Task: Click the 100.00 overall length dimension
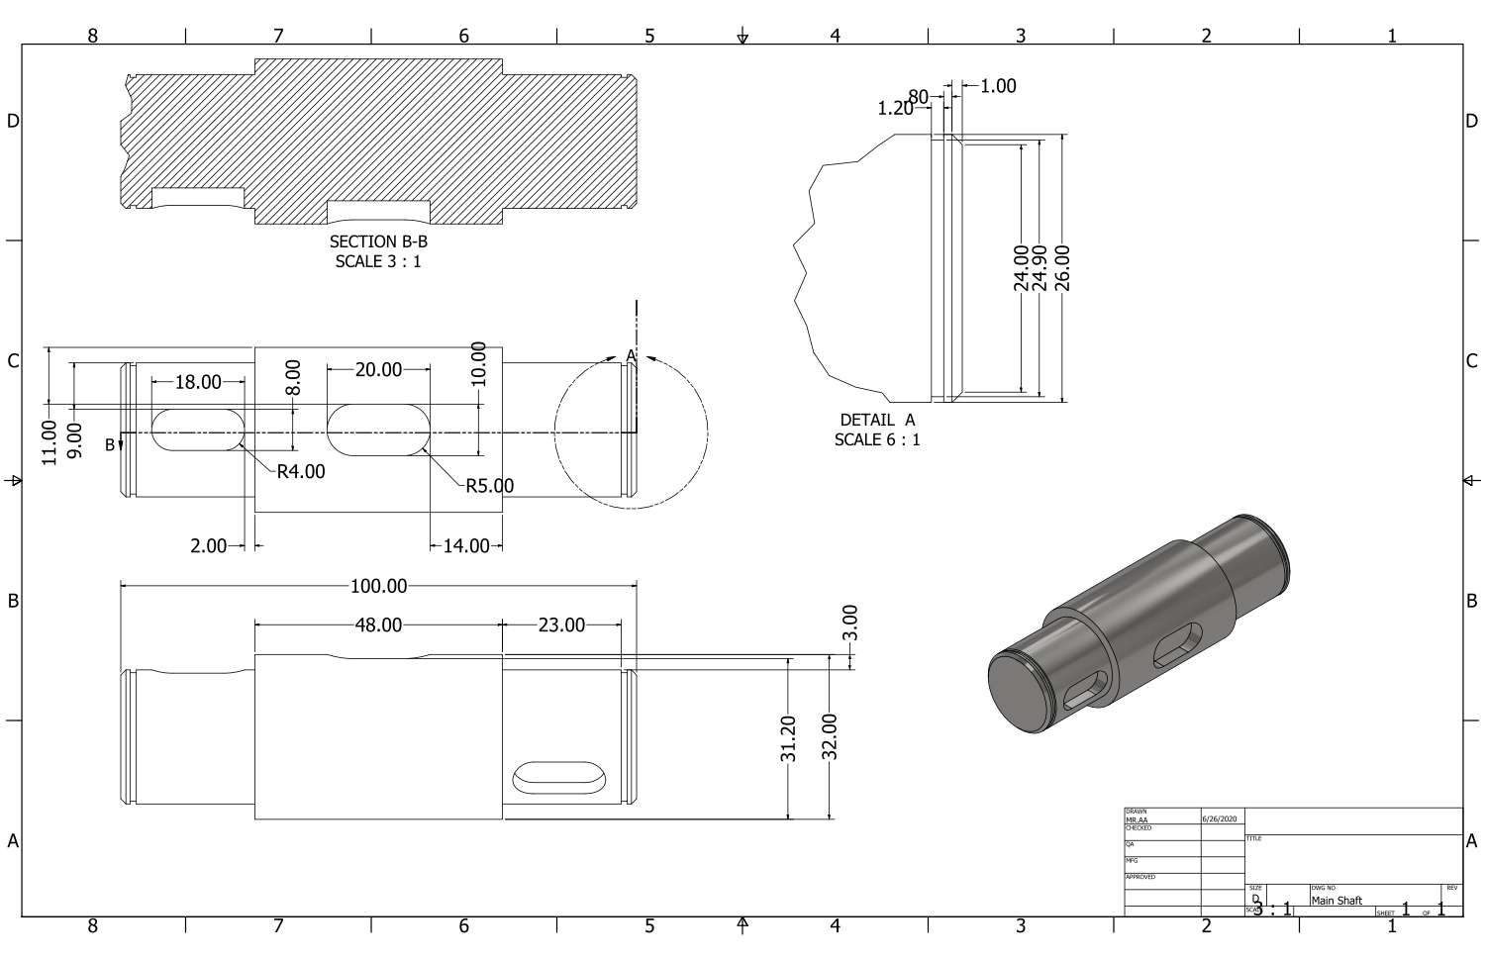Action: [378, 586]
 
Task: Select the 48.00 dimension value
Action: [378, 625]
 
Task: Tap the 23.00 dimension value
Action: [561, 625]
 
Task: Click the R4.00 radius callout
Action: [300, 472]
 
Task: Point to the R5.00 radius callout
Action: [489, 486]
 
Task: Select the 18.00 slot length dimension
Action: [198, 382]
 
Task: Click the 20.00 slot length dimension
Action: [378, 370]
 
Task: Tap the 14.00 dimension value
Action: [465, 545]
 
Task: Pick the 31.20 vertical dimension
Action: [789, 738]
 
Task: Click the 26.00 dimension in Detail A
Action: [1063, 268]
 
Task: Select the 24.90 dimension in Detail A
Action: [1040, 268]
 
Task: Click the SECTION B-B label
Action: [378, 241]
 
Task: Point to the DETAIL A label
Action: [877, 420]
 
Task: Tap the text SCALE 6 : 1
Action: [877, 439]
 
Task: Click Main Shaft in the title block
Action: [1336, 901]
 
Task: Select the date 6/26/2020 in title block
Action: [1219, 819]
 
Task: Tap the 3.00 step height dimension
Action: [851, 623]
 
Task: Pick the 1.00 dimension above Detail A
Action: [998, 86]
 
